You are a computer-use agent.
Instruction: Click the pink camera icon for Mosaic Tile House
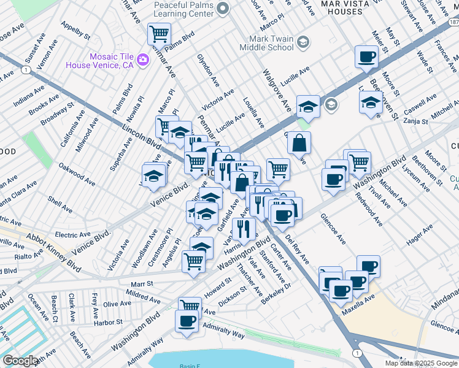pos(143,59)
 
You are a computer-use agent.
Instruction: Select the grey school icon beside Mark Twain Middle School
pos(303,42)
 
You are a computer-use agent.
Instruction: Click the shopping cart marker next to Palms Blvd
pos(159,33)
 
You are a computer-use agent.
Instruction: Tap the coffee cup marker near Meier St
pos(367,56)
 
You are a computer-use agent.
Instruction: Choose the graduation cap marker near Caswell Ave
pos(371,102)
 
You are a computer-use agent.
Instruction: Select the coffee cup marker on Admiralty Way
pos(187,321)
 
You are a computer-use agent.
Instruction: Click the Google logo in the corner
pos(20,361)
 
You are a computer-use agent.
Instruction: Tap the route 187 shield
pos(453,21)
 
